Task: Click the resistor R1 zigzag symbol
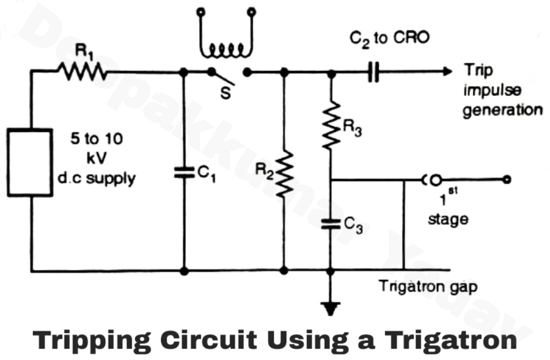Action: (83, 72)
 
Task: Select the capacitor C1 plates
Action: (184, 173)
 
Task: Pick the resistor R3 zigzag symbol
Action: (330, 125)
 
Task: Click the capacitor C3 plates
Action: (330, 223)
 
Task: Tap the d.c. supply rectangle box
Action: (29, 162)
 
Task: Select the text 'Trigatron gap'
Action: (427, 287)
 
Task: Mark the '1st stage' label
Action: (447, 210)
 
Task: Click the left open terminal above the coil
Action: (201, 11)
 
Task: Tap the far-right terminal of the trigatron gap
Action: (507, 179)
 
